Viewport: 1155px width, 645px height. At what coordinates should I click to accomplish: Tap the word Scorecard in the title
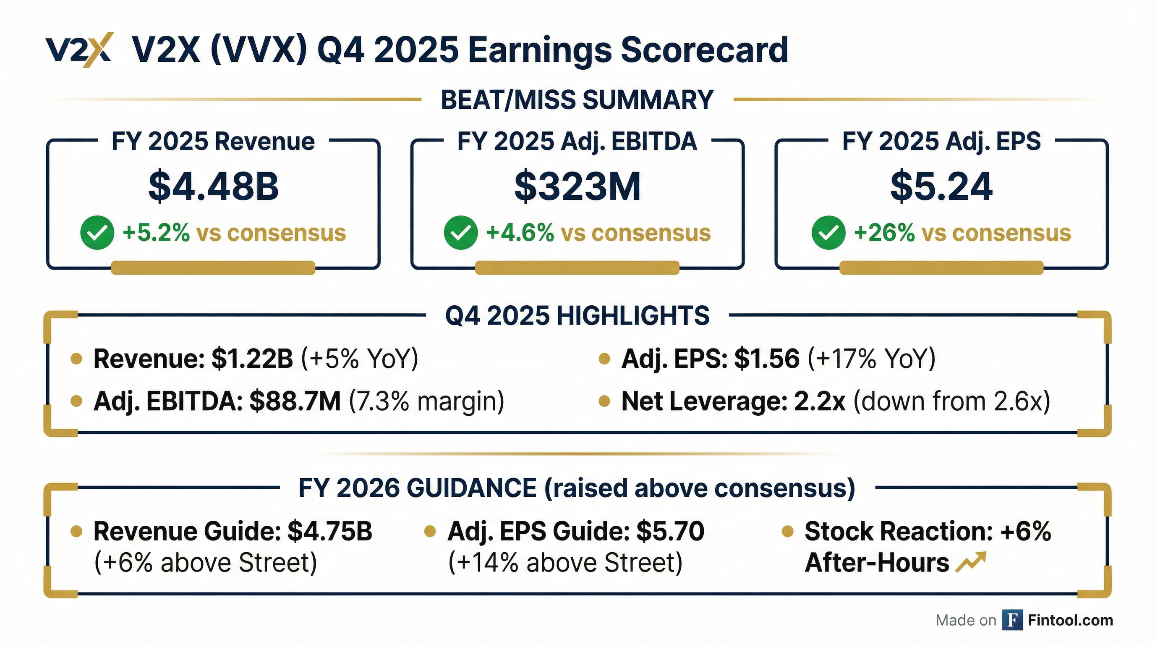tap(704, 50)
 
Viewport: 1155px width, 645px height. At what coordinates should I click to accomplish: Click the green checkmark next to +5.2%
tap(97, 232)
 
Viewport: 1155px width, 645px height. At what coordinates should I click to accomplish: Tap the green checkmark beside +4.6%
tap(460, 232)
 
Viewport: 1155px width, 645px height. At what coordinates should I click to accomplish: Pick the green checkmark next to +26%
tap(828, 232)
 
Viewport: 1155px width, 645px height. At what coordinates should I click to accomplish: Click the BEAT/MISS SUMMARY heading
tap(577, 100)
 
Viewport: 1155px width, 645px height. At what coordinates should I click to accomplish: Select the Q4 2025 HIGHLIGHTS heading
tap(577, 315)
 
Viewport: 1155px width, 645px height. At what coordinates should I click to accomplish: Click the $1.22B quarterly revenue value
tap(252, 359)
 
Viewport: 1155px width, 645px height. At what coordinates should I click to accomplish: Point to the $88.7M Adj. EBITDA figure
tap(295, 401)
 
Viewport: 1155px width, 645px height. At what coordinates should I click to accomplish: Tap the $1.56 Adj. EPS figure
tap(767, 359)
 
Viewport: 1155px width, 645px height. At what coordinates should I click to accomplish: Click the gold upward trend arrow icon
tap(971, 562)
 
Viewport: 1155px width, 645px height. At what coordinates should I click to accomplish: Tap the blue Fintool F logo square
tap(1012, 620)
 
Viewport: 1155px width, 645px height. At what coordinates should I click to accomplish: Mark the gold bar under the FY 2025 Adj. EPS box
tap(941, 268)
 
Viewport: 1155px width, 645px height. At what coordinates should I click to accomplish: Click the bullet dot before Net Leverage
tap(604, 401)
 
